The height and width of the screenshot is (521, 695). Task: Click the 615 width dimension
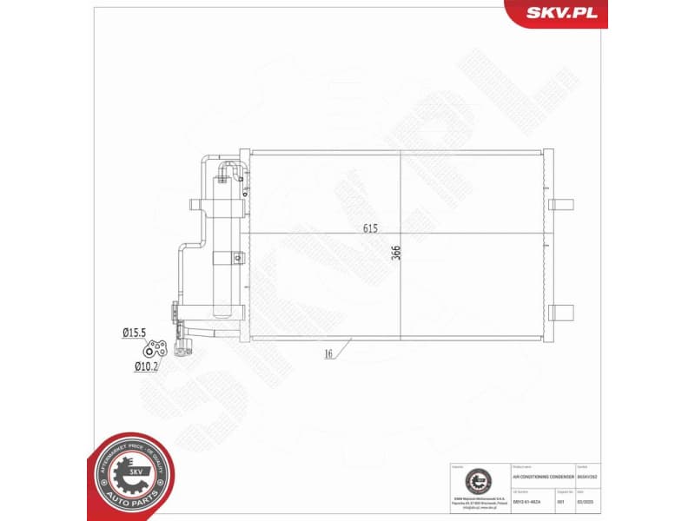pyautogui.click(x=371, y=229)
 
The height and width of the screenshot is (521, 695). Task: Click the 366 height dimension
pyautogui.click(x=396, y=253)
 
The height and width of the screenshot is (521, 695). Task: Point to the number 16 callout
pyautogui.click(x=329, y=353)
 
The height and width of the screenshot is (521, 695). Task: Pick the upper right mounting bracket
pyautogui.click(x=561, y=205)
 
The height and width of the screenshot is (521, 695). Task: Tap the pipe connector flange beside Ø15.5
pyautogui.click(x=156, y=349)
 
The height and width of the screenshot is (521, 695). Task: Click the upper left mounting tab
pyautogui.click(x=198, y=205)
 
